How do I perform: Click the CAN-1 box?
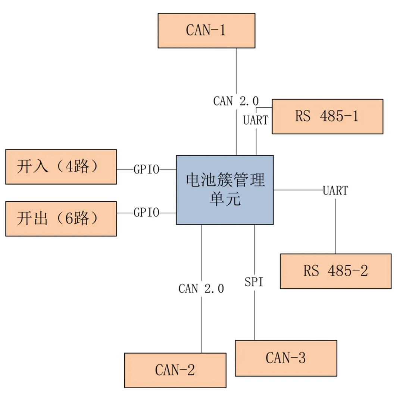[206, 31]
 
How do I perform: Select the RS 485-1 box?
[327, 116]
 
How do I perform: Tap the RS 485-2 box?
[335, 271]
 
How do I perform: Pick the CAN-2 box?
[175, 370]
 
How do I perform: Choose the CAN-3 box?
[286, 358]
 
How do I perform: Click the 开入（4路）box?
[61, 167]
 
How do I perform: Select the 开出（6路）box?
[61, 219]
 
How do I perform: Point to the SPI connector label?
[254, 282]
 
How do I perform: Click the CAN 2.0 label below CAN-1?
[236, 101]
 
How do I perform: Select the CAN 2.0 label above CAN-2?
[201, 289]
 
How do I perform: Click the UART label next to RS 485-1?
[256, 120]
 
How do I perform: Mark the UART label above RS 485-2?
[335, 191]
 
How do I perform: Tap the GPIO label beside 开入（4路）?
[146, 170]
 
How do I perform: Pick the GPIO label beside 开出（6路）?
[146, 213]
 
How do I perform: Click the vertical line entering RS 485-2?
[335, 228]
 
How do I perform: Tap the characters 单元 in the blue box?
[225, 199]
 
